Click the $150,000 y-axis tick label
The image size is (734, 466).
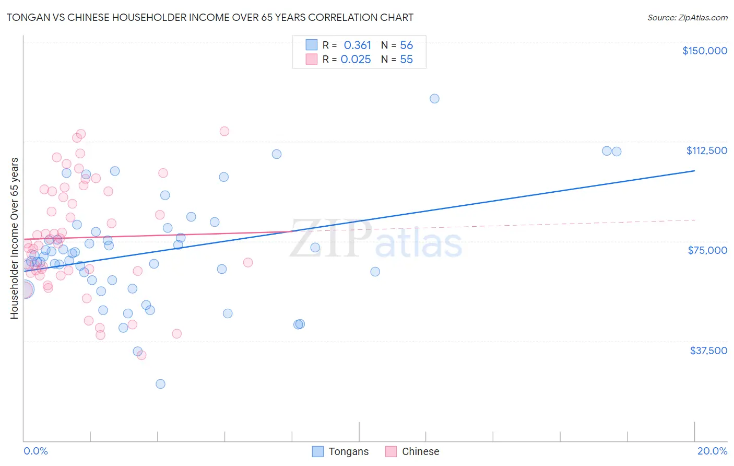tap(704, 51)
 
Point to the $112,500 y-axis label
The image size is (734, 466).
tap(706, 150)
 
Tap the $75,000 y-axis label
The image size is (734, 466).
tap(707, 250)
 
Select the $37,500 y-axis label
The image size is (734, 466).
tap(708, 351)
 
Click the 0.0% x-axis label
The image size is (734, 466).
tap(35, 451)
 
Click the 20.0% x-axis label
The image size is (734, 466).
tap(712, 451)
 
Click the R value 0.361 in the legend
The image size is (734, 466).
tap(358, 45)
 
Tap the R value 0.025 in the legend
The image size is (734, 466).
tap(356, 60)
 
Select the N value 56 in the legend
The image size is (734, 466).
tap(406, 45)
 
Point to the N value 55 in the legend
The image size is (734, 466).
tap(406, 60)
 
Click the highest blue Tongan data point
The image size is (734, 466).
tap(434, 99)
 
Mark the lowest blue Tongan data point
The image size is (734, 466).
tap(160, 384)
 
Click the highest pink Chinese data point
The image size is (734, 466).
tap(224, 131)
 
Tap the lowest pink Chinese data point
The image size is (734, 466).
tap(141, 355)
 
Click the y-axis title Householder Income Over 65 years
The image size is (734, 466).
tap(14, 238)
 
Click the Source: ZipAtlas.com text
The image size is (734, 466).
tap(687, 18)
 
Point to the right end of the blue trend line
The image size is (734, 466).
tap(694, 171)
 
